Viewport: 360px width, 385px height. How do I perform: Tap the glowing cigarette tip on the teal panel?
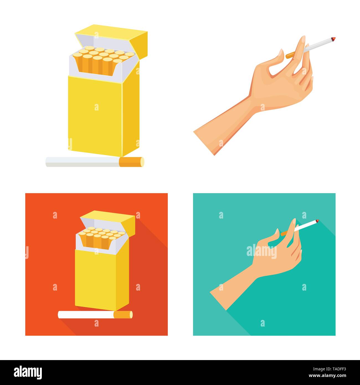[x=317, y=221]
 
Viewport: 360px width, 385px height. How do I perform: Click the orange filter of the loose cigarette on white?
[x=132, y=162]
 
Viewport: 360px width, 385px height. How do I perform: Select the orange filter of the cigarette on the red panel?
[x=123, y=315]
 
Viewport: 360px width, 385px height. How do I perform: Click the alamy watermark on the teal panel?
[x=262, y=251]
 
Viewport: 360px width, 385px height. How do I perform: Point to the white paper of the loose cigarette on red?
[x=86, y=315]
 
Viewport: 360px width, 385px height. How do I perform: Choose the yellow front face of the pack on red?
[x=94, y=277]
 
